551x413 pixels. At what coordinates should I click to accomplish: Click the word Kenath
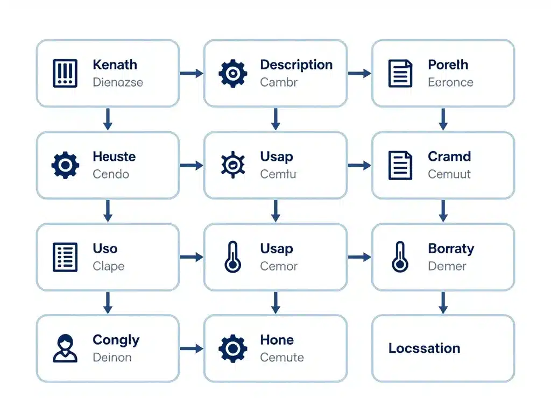tap(115, 65)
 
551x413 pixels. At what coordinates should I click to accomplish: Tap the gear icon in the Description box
tap(232, 74)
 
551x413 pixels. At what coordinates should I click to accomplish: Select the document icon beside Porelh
tap(400, 74)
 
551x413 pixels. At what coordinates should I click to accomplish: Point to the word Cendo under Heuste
tap(111, 174)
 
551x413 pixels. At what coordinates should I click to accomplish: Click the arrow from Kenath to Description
tap(191, 73)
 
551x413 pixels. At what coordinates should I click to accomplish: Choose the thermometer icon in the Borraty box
tap(400, 257)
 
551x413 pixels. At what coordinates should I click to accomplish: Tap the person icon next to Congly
tap(65, 348)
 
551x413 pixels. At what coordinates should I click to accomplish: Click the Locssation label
tap(424, 348)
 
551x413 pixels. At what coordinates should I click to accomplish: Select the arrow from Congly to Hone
tap(191, 348)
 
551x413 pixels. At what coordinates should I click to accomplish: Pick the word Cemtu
tap(278, 174)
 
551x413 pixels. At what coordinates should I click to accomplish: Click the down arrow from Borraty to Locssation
tap(443, 303)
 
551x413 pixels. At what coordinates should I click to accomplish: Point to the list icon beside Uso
tap(65, 257)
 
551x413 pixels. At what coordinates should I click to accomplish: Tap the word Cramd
tap(449, 156)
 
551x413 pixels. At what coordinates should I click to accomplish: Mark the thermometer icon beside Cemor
tap(232, 257)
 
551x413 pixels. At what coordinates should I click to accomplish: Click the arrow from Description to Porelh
tap(359, 73)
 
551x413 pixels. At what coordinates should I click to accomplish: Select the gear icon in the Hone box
tap(232, 348)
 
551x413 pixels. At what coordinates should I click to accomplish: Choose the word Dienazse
tap(118, 83)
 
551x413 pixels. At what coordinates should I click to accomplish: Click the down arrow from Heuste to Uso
tap(108, 211)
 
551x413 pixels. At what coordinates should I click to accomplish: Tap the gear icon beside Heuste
tap(65, 165)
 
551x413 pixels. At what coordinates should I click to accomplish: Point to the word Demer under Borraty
tap(447, 266)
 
